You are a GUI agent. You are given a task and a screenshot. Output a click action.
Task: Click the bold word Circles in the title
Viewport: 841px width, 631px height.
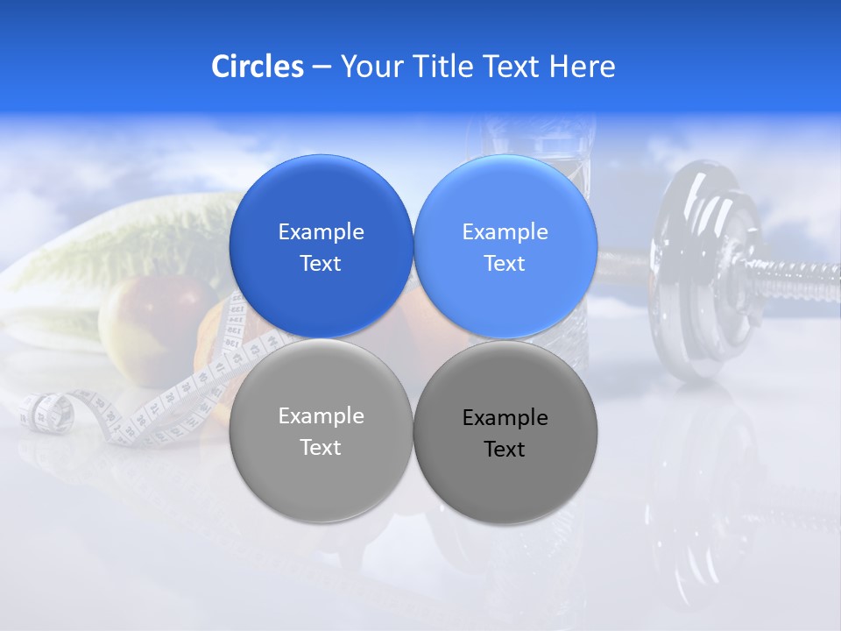[x=257, y=67]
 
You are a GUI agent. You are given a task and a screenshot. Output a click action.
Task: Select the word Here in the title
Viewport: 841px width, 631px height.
[x=582, y=67]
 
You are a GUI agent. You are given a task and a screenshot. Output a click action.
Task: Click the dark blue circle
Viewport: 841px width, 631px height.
[x=321, y=246]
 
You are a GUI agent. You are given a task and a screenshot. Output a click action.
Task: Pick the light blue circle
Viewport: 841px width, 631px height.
[x=505, y=246]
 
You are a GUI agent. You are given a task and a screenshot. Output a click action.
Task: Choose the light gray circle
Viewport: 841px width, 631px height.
[x=321, y=431]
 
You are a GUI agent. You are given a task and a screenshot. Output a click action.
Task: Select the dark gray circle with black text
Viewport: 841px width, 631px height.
[x=505, y=432]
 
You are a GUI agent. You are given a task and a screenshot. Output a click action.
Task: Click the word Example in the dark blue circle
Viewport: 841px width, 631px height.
[x=321, y=231]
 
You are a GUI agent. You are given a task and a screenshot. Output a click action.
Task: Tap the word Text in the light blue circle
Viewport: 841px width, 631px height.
[x=505, y=264]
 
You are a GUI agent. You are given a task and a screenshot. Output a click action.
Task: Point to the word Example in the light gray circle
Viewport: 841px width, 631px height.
[x=321, y=416]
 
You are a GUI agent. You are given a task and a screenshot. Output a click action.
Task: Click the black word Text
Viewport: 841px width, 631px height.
[x=505, y=450]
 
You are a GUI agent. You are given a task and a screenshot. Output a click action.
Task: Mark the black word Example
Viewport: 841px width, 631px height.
[x=505, y=418]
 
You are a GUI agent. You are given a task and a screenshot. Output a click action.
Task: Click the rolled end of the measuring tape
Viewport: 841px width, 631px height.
[x=44, y=412]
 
